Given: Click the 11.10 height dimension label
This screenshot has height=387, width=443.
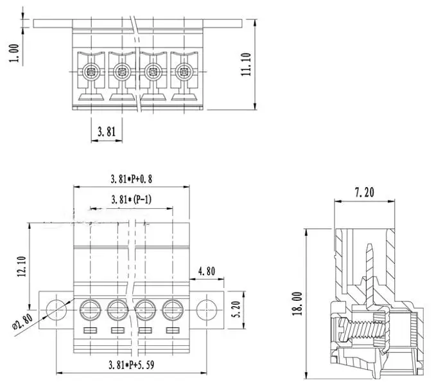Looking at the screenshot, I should [245, 65].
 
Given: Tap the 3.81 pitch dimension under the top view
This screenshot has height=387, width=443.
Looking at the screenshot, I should [106, 132].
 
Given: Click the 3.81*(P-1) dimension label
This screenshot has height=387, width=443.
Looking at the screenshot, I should [131, 199].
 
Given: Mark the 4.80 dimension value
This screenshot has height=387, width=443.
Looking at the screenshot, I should [206, 271].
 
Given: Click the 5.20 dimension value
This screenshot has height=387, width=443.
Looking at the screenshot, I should [236, 309].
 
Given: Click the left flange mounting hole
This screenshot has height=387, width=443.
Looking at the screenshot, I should [56, 308].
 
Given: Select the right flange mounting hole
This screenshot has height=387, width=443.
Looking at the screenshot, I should [205, 308].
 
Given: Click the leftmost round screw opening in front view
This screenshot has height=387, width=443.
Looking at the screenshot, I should [89, 310].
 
